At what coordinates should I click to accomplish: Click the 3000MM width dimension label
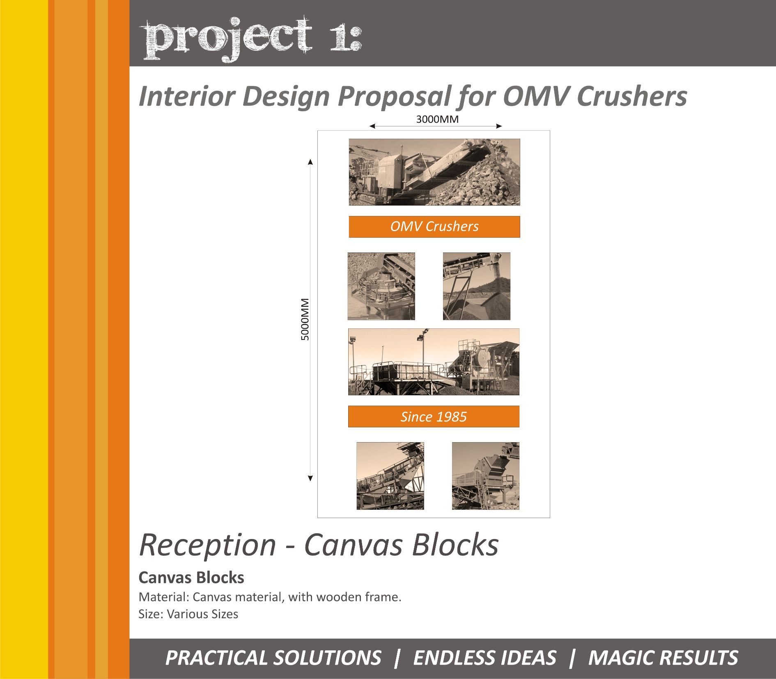[x=437, y=119]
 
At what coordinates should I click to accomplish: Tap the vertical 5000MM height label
[x=305, y=319]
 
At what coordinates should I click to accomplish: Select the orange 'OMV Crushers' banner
[x=434, y=227]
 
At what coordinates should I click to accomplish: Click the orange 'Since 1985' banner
[x=434, y=417]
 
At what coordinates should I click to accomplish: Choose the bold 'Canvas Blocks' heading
[x=191, y=578]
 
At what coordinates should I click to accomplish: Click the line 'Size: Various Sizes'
[x=188, y=614]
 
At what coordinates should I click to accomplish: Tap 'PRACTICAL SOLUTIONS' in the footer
[x=273, y=658]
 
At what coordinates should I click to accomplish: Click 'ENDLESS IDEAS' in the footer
[x=484, y=658]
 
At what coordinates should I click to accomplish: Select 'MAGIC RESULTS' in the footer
[x=663, y=658]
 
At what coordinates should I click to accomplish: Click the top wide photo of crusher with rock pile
[x=434, y=172]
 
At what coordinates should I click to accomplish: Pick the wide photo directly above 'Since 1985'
[x=434, y=362]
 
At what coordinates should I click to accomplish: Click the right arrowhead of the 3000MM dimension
[x=499, y=126]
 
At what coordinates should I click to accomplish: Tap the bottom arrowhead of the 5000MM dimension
[x=310, y=478]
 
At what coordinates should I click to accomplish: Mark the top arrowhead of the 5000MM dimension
[x=310, y=161]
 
